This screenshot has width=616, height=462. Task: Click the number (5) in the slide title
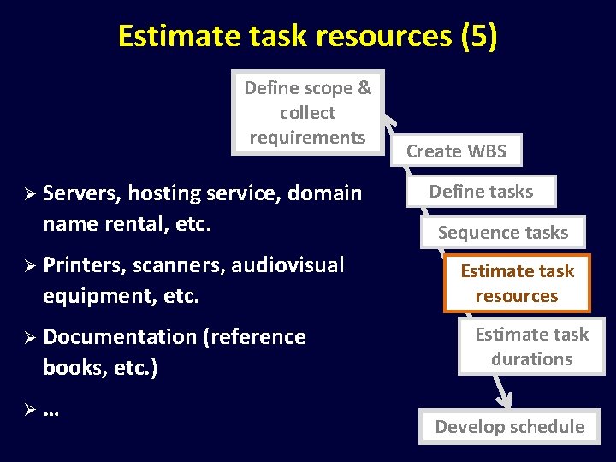478,36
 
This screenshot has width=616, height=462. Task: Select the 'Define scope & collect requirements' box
308,112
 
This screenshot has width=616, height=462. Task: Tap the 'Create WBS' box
456,151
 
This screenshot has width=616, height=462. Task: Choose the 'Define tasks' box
481,192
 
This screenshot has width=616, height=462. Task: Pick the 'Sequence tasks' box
502,232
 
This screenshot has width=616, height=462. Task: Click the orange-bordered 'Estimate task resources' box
517,283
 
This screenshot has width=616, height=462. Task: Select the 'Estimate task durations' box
531,346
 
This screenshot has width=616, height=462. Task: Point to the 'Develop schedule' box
509,426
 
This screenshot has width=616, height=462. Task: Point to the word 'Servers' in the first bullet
81,193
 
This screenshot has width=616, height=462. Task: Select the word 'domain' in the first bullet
325,193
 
